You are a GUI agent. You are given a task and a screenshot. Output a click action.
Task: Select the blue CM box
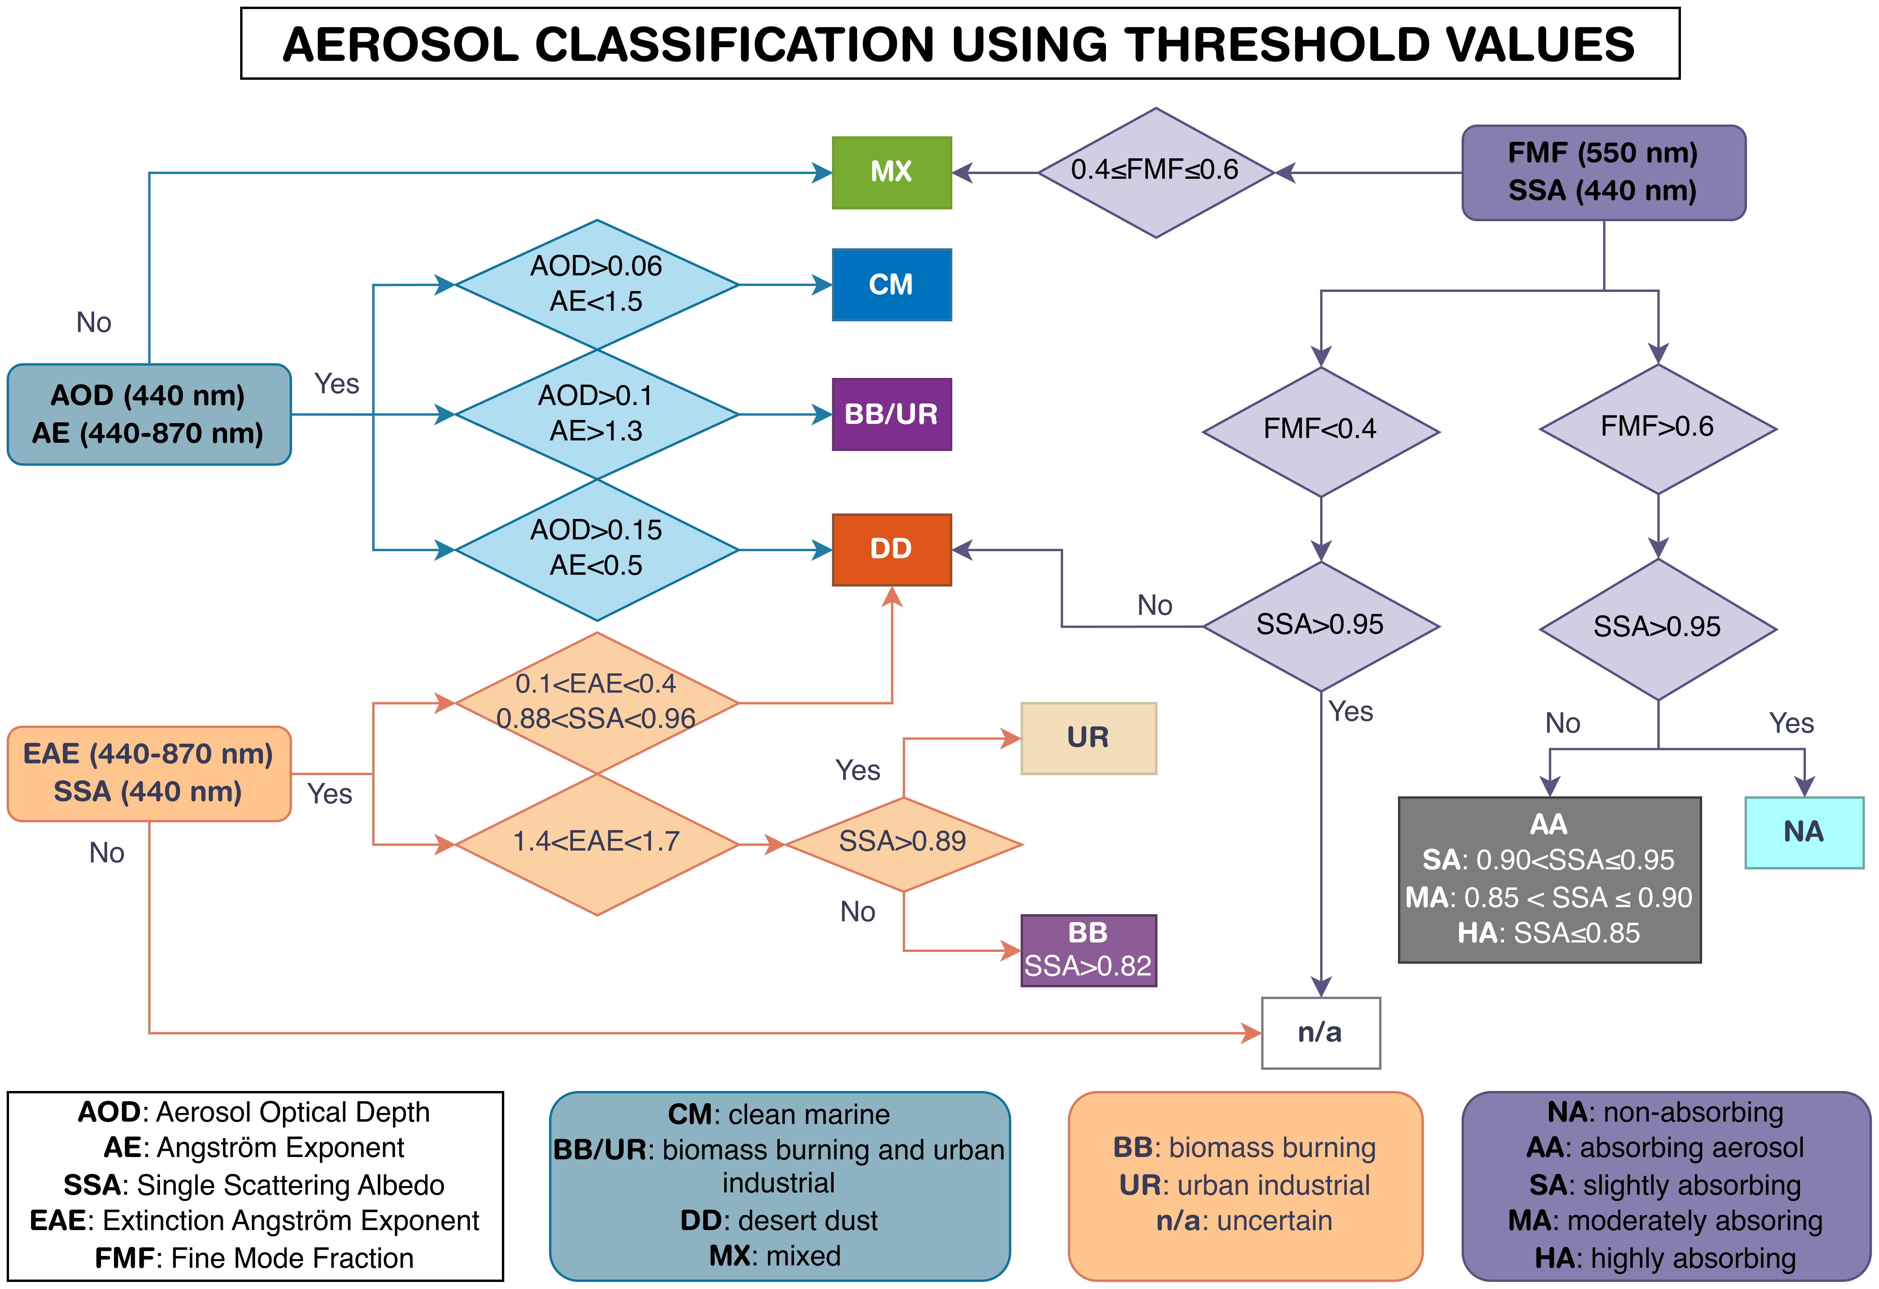point(892,284)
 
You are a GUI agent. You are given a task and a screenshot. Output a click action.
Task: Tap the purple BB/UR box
point(892,414)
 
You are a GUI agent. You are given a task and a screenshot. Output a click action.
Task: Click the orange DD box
point(892,550)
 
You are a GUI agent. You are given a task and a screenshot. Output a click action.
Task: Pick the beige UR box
point(1088,738)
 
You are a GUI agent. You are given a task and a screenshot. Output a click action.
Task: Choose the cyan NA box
point(1804,832)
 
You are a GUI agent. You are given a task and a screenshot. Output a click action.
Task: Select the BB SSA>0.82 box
point(1088,950)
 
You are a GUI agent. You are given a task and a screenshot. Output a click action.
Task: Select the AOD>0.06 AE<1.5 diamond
point(597,284)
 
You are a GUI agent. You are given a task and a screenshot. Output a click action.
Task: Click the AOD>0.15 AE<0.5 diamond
point(597,550)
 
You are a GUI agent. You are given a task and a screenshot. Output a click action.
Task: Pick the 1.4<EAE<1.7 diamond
point(597,845)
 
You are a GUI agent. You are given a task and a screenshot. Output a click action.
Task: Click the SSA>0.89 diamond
point(903,845)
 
